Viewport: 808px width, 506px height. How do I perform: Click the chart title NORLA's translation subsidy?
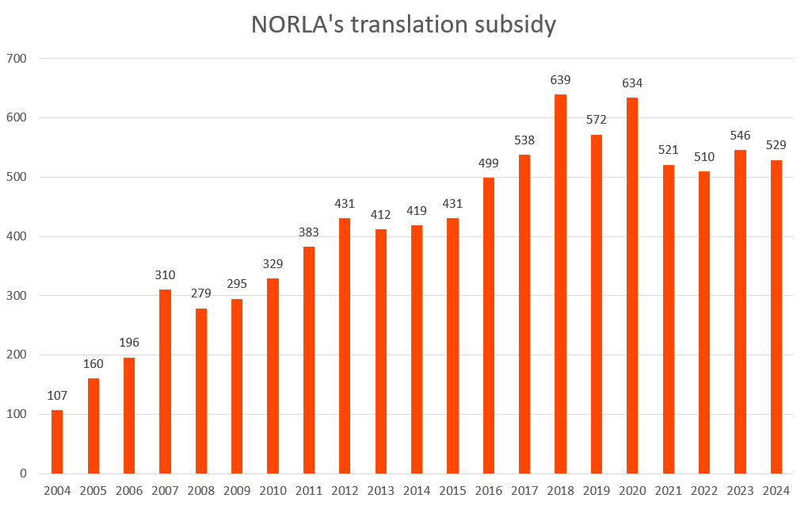403,25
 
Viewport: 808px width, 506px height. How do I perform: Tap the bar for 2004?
57,442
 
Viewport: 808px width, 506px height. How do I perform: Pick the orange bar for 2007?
165,381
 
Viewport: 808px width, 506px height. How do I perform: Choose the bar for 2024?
776,316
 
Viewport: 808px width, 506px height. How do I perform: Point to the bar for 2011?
308,360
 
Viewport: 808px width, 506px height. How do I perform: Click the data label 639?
560,80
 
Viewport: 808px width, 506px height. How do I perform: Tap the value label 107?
57,396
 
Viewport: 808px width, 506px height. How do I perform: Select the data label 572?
596,120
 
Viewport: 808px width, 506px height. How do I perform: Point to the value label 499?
488,163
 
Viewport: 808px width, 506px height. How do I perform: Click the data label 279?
200,293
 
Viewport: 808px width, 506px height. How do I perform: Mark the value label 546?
740,136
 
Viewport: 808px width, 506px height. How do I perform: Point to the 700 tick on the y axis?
17,59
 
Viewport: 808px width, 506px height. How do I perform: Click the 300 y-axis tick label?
17,296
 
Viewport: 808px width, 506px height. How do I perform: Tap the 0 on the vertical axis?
24,473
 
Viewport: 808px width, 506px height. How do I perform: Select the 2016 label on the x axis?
488,490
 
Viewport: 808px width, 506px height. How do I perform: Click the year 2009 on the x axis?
237,490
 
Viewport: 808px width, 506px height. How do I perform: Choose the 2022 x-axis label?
703,490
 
